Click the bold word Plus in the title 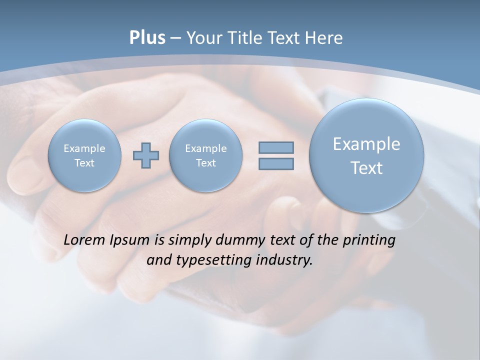coord(147,38)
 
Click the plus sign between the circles coord(146,155)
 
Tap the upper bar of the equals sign coord(276,147)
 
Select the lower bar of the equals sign coord(276,163)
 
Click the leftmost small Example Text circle coord(84,155)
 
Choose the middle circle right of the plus coord(205,155)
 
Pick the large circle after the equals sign coord(366,155)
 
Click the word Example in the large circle coord(366,144)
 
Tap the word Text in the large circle coord(366,168)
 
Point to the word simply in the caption coord(189,240)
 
